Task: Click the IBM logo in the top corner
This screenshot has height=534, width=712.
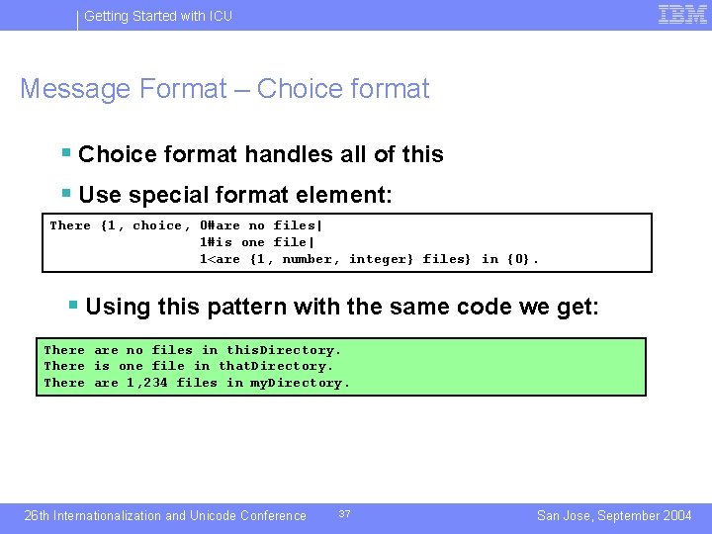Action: (x=681, y=14)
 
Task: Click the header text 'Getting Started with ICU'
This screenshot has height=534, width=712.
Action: (x=158, y=16)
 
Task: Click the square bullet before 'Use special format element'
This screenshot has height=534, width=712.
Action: (x=65, y=194)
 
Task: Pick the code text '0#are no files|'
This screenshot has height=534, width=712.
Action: (x=261, y=225)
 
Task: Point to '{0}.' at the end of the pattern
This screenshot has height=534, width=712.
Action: (x=523, y=259)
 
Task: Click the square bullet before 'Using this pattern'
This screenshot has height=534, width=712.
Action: (x=72, y=305)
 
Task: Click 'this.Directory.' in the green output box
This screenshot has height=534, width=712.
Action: (x=284, y=350)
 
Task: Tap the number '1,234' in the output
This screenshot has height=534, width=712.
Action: (x=147, y=383)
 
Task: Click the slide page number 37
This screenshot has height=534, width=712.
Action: (x=344, y=514)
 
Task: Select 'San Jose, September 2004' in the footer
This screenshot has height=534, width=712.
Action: (x=614, y=515)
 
